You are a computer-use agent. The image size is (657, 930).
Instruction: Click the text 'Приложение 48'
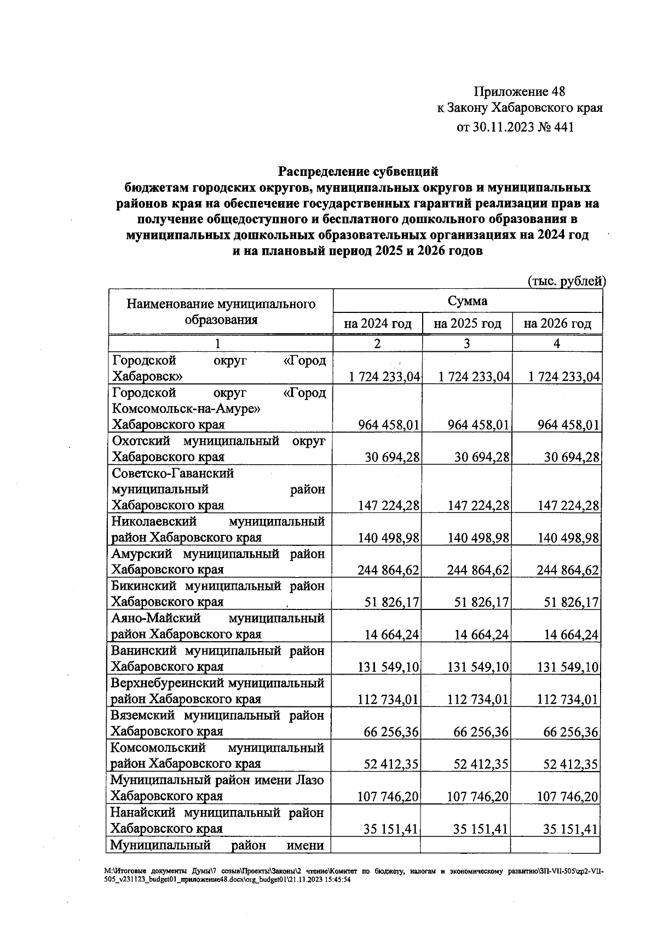(519, 91)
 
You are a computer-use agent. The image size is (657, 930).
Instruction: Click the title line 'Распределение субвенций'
(358, 172)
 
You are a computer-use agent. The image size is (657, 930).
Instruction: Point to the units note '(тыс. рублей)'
(567, 281)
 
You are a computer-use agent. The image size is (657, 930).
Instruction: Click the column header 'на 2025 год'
(467, 324)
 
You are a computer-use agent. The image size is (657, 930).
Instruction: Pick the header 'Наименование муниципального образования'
(221, 311)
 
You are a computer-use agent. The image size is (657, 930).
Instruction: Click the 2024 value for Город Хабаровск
(384, 377)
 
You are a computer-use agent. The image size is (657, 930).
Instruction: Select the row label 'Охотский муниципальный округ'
(218, 449)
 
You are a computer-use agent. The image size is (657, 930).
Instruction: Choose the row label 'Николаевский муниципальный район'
(218, 529)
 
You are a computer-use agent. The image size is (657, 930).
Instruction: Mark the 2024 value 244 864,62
(388, 570)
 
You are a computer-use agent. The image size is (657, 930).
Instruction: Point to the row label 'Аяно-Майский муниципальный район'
(218, 626)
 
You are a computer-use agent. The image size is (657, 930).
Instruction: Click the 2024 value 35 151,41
(391, 829)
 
